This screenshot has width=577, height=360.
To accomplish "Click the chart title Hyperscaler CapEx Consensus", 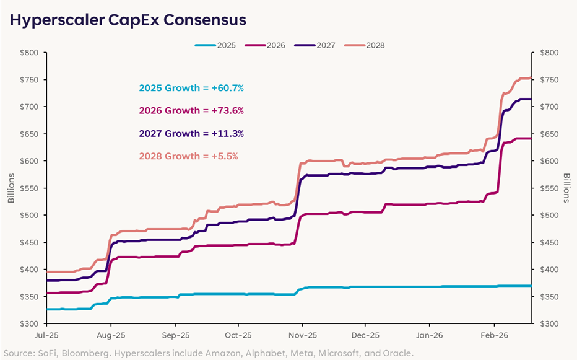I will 128,20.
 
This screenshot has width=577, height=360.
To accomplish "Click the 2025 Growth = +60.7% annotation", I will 191,88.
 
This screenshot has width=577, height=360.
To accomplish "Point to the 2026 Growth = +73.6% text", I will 191,111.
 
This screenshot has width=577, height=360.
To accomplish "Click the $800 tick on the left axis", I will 30,53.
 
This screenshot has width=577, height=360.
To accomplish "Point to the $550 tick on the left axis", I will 30,188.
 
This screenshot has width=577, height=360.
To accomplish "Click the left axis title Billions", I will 11,188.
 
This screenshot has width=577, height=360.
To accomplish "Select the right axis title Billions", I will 566,188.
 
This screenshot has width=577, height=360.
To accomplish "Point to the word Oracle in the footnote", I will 397,353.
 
